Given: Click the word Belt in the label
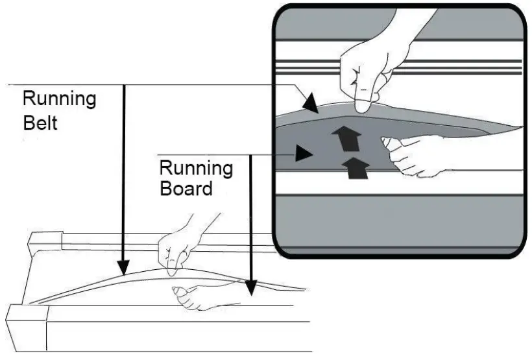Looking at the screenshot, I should click(40, 122).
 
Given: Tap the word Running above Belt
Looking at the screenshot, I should click(59, 99).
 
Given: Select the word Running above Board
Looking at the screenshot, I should click(196, 168).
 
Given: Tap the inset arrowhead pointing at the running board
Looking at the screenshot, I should click(303, 154).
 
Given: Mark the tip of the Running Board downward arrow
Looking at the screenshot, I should click(251, 289).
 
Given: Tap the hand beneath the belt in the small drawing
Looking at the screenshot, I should click(195, 297).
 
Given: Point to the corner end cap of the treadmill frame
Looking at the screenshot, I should click(26, 328).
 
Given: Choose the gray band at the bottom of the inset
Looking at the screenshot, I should click(399, 224).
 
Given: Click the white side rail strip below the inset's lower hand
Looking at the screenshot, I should click(399, 184).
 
